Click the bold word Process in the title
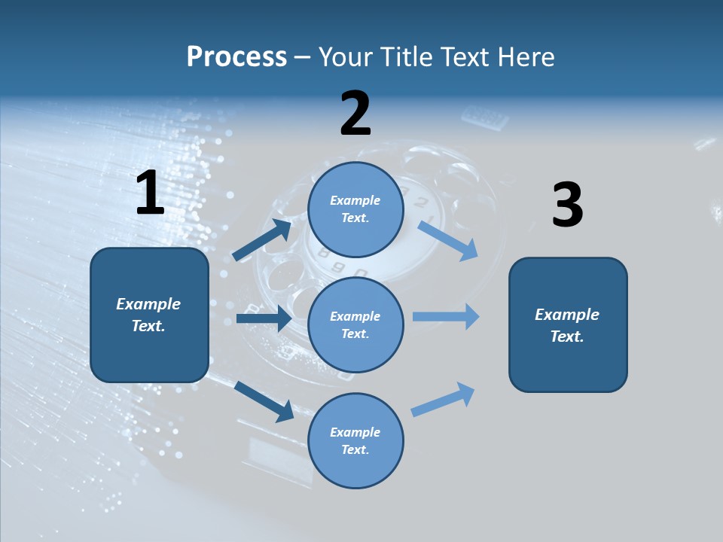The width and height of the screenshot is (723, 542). pyautogui.click(x=236, y=57)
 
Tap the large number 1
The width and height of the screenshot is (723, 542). pyautogui.click(x=150, y=193)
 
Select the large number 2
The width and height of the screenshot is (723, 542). pyautogui.click(x=355, y=114)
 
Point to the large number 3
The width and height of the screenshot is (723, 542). pyautogui.click(x=567, y=206)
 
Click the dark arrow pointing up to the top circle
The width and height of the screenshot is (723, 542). pyautogui.click(x=262, y=240)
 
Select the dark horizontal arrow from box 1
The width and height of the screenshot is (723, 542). pyautogui.click(x=264, y=318)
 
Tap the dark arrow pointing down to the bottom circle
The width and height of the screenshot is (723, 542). pyautogui.click(x=264, y=401)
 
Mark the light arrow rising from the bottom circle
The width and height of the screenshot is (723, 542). pyautogui.click(x=443, y=400)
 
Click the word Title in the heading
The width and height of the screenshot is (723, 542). pyautogui.click(x=407, y=57)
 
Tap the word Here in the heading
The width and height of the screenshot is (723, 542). pyautogui.click(x=527, y=57)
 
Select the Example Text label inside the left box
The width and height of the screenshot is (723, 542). pyautogui.click(x=148, y=315)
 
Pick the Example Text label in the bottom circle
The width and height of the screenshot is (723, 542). pyautogui.click(x=355, y=440)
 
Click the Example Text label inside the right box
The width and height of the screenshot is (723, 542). pyautogui.click(x=567, y=325)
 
